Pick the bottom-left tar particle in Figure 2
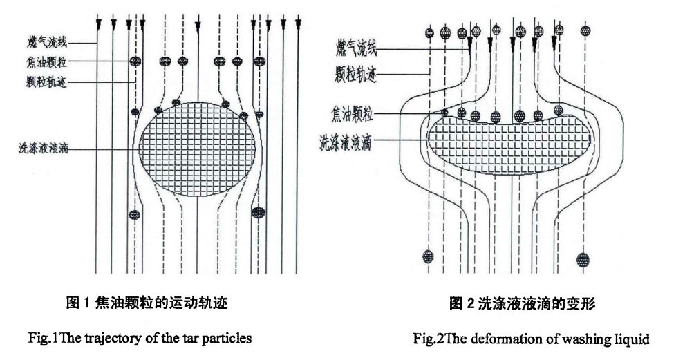(x=428, y=257)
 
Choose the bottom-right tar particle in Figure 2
(x=583, y=260)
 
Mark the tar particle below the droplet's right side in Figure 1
(x=259, y=212)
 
